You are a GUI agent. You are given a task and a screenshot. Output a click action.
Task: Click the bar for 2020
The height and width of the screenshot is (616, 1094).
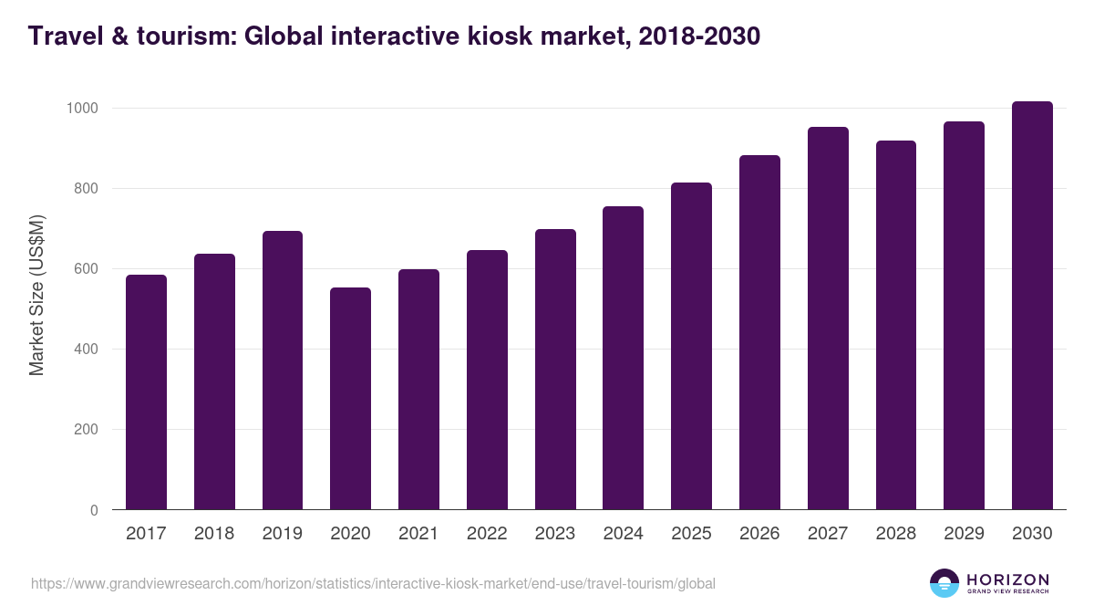[x=350, y=399]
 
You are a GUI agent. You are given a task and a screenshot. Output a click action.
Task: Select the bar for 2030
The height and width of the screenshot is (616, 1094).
[x=1032, y=306]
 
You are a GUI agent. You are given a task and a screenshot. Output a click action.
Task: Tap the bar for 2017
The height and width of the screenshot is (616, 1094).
[x=146, y=392]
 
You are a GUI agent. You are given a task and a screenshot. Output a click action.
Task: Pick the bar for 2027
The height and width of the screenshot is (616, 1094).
[x=828, y=318]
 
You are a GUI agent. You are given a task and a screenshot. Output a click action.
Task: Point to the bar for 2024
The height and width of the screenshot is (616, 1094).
[x=623, y=358]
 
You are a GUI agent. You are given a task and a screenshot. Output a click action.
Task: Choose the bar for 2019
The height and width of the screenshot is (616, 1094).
[x=283, y=371]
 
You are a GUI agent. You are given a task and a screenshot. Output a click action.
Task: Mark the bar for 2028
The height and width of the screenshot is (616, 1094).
[x=896, y=325]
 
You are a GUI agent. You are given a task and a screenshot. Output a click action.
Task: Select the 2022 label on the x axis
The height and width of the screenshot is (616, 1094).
[x=487, y=534]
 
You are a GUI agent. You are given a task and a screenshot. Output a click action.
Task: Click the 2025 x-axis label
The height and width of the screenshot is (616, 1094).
[x=691, y=534]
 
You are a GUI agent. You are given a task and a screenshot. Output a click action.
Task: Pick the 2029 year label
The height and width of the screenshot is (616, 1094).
[x=964, y=534]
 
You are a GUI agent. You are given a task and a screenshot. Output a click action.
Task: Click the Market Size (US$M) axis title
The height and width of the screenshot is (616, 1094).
[x=36, y=296]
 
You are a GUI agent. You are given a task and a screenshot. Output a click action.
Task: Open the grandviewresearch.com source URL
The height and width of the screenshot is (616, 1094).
[x=373, y=583]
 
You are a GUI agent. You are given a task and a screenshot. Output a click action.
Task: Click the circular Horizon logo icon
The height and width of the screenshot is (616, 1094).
[x=944, y=583]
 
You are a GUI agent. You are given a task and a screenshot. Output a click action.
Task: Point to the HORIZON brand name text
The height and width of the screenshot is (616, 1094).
[x=1007, y=579]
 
